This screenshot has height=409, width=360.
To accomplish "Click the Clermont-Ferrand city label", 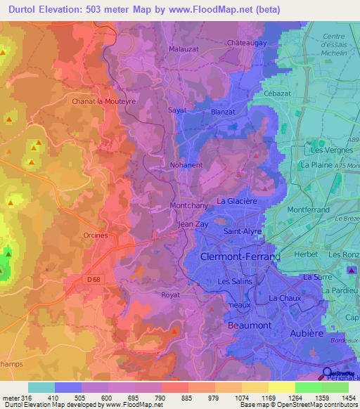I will (x=240, y=257).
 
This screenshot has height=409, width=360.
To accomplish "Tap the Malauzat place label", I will (x=184, y=49).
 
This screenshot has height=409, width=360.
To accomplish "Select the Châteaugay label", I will (x=247, y=43).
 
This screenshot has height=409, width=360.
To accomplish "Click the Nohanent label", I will (x=186, y=165).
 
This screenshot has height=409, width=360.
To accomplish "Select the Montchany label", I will (x=188, y=206).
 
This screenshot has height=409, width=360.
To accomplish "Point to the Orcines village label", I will (x=95, y=235).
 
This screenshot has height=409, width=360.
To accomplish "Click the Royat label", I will (x=172, y=295).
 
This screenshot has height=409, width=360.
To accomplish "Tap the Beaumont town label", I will (x=249, y=326).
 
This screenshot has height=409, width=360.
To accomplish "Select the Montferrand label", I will (x=309, y=209).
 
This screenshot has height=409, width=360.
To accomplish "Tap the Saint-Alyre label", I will (x=243, y=231).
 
